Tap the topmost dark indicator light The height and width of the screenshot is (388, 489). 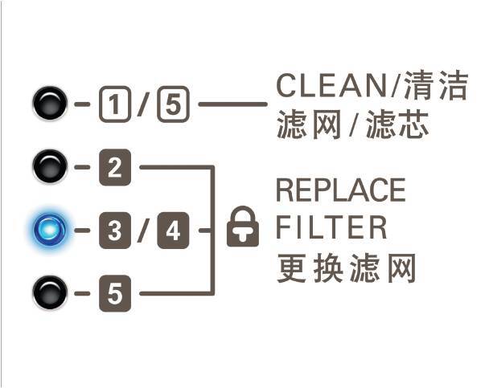tap(49, 103)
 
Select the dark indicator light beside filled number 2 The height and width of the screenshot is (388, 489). tap(49, 167)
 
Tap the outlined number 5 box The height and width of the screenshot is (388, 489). tap(171, 104)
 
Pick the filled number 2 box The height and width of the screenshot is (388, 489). tap(113, 168)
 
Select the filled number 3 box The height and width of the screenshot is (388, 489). tap(113, 231)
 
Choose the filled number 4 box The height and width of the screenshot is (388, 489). tap(172, 231)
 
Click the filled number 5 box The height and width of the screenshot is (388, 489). tap(113, 293)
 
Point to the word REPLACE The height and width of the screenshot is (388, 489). tap(339, 191)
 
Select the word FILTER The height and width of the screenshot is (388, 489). tap(330, 227)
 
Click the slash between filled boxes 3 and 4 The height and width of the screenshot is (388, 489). tap(142, 231)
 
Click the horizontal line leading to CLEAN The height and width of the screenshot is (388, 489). tap(232, 104)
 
